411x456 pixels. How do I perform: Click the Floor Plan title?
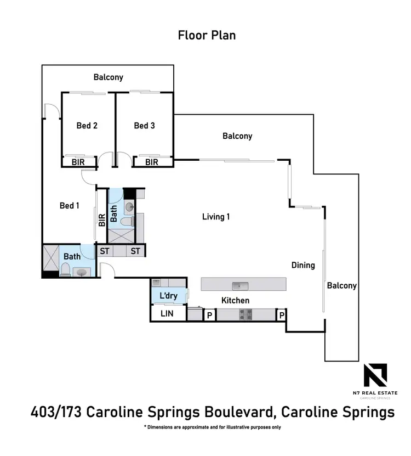coord(207,35)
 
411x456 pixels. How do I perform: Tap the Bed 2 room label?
coord(87,126)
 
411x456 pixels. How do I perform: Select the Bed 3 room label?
coord(144,126)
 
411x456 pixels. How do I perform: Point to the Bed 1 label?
coord(70,206)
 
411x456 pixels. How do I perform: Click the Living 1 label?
coord(216,217)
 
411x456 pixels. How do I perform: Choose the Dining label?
coord(303,265)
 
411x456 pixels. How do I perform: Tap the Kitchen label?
coord(235,300)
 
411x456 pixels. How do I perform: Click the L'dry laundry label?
coord(168,296)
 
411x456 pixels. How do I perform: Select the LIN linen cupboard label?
coord(167,314)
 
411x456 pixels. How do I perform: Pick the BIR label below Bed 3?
coord(152,162)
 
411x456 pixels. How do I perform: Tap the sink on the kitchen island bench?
coord(239,285)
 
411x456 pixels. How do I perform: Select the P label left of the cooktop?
coord(209,316)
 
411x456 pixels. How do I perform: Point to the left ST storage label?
coord(105,251)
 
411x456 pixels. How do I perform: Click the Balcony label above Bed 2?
coord(108,77)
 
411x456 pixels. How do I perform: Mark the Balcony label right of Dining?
coord(342,285)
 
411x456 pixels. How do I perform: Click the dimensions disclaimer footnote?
coord(212,427)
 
